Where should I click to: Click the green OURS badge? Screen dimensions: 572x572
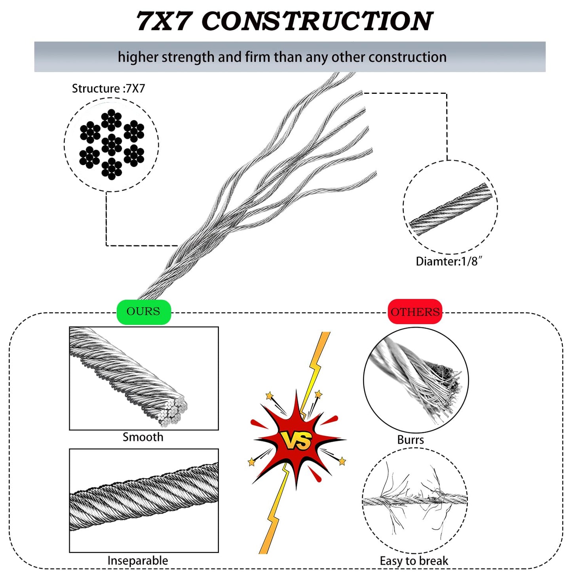click(x=143, y=312)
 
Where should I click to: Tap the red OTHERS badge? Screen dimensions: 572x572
click(x=415, y=312)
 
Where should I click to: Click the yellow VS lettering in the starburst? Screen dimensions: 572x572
click(x=296, y=440)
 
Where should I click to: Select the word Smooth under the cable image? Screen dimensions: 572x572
click(x=143, y=437)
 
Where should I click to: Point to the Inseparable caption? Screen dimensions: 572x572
click(x=138, y=561)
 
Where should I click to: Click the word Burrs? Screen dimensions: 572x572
click(x=410, y=440)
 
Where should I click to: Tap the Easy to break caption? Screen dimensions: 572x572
click(x=414, y=561)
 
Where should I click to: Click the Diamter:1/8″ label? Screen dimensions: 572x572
click(x=448, y=261)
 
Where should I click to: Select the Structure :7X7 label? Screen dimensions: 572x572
click(x=108, y=88)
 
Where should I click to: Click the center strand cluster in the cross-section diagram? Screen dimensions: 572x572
click(x=112, y=144)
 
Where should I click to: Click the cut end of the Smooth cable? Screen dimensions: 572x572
click(x=174, y=412)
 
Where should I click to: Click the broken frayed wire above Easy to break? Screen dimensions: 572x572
click(x=415, y=500)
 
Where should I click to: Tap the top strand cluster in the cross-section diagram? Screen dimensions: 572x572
click(x=111, y=120)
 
